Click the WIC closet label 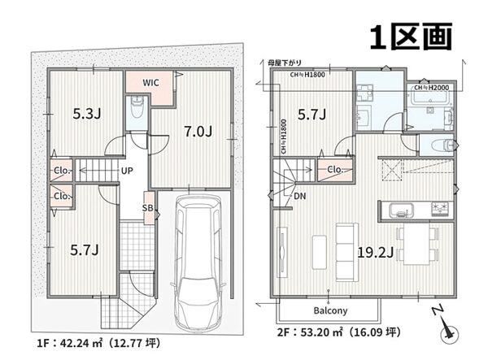tap(150, 83)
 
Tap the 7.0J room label tap(198, 132)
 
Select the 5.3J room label tap(86, 114)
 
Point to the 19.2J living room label tap(375, 253)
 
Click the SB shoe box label tap(147, 208)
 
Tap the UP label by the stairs tap(127, 171)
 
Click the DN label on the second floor tap(299, 196)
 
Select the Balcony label tap(330, 310)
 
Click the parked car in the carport tap(198, 262)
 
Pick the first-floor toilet tap(137, 107)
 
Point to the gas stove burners tap(441, 209)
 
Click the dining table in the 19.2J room tap(416, 244)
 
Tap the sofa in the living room tap(347, 252)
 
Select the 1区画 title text tap(411, 37)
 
